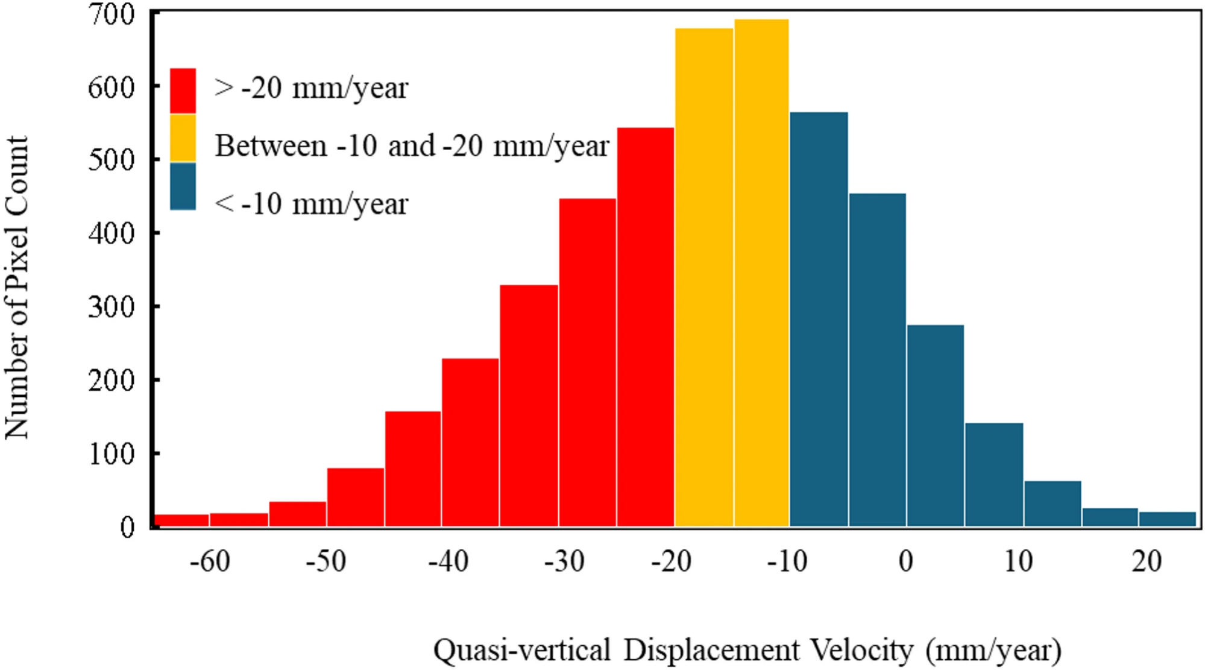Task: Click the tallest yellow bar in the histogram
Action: click(761, 273)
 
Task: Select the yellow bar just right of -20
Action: click(704, 277)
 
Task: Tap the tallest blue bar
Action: click(819, 320)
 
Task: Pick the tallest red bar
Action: click(646, 327)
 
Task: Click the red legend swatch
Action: click(183, 90)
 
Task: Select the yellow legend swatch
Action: click(183, 138)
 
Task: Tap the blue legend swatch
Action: click(183, 186)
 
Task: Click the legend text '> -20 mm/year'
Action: click(311, 88)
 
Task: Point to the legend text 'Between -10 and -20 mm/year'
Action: click(412, 146)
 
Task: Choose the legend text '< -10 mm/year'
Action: click(311, 204)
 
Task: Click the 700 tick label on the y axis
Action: click(112, 14)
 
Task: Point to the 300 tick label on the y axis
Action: click(112, 307)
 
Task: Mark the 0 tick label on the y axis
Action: click(127, 527)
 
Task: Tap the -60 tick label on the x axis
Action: click(210, 561)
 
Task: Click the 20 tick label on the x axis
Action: click(1147, 561)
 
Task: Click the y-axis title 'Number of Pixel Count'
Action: click(17, 287)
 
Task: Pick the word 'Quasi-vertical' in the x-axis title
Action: click(522, 650)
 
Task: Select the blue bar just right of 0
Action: click(935, 426)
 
